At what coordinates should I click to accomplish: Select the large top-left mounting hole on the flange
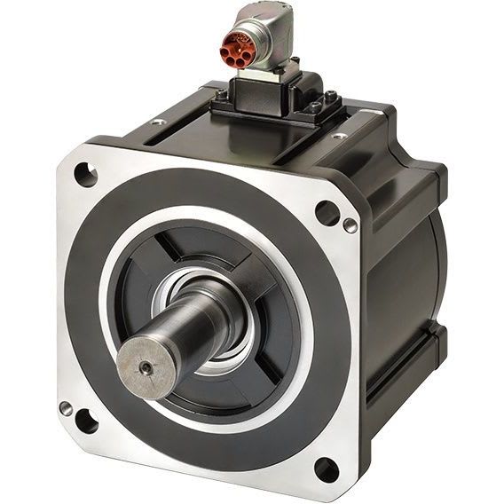pyautogui.click(x=85, y=174)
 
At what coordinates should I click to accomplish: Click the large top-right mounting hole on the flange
pyautogui.click(x=327, y=213)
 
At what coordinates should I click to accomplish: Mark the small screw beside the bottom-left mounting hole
pyautogui.click(x=66, y=408)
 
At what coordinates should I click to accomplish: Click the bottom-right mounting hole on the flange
pyautogui.click(x=326, y=468)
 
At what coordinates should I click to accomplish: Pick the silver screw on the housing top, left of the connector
pyautogui.click(x=160, y=122)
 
